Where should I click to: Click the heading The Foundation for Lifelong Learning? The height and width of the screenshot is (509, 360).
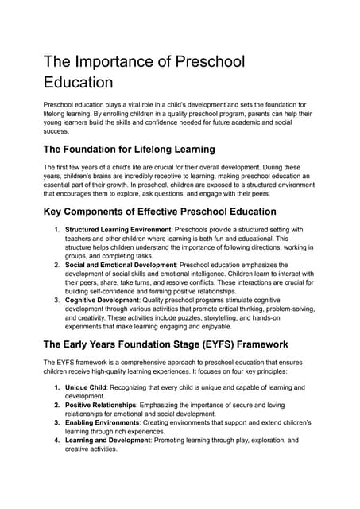click(x=129, y=149)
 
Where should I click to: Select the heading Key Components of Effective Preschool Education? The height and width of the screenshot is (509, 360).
click(x=160, y=212)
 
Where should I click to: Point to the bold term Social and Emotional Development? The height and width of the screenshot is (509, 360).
click(x=120, y=265)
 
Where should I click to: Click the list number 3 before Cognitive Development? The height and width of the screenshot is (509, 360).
click(x=57, y=301)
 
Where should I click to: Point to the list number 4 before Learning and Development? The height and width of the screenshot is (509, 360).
click(x=57, y=440)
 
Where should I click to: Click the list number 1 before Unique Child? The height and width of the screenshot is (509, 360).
click(x=57, y=387)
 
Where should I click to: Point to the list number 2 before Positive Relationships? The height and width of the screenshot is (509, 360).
click(x=57, y=405)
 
